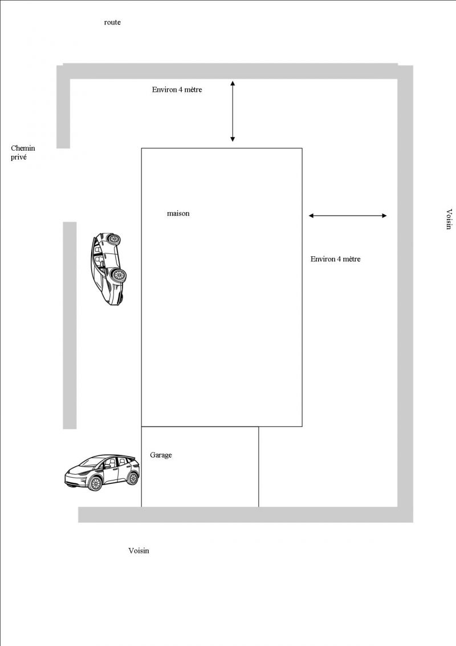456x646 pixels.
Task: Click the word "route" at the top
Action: [x=112, y=22]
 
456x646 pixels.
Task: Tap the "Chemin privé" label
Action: [x=23, y=152]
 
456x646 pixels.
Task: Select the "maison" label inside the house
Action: [x=178, y=213]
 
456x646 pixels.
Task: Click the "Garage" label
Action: [x=161, y=455]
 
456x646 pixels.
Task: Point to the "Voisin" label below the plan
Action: [x=139, y=551]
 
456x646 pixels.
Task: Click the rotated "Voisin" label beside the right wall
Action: [x=449, y=219]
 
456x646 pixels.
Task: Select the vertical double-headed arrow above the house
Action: [x=233, y=111]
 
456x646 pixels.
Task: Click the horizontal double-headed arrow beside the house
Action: [x=348, y=216]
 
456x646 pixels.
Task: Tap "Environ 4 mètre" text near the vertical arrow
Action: [x=177, y=90]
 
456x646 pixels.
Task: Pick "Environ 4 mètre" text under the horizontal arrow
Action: [x=335, y=259]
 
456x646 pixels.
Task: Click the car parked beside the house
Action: [x=108, y=269]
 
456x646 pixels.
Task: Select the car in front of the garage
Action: [x=102, y=472]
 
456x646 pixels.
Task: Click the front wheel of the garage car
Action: [x=95, y=483]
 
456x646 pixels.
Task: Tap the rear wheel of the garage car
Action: [x=132, y=478]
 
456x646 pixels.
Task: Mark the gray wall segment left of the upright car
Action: [x=70, y=325]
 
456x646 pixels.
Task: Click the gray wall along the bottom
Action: [x=246, y=515]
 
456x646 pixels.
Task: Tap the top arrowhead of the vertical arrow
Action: [x=233, y=83]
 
